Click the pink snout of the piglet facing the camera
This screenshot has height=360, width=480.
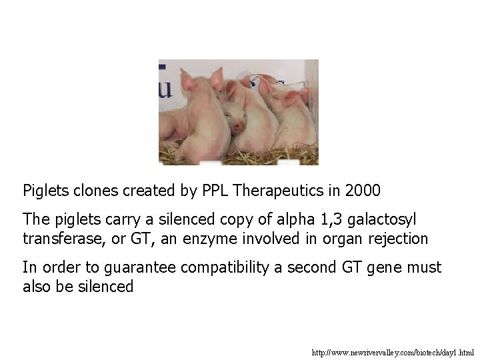click(x=238, y=125)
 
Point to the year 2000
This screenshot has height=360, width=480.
click(x=363, y=191)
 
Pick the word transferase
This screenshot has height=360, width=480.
click(x=57, y=238)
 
